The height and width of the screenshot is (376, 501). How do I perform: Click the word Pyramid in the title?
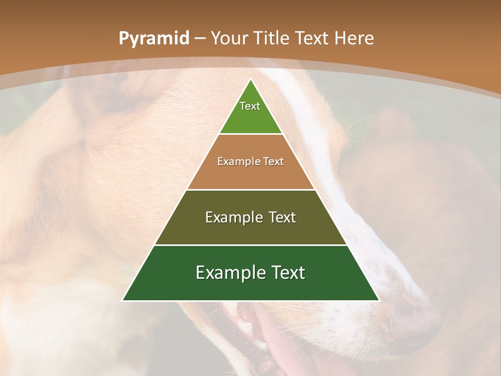coord(153,39)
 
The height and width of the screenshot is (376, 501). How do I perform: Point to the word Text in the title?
coord(314,39)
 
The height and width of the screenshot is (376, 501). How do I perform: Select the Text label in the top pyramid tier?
coord(250,106)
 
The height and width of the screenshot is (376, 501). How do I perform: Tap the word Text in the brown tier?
coord(273,161)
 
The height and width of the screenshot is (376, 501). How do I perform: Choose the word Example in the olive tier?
coord(233,217)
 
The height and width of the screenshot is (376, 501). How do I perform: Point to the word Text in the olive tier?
coord(282,217)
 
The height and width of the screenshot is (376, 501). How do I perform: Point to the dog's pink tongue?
coord(292,355)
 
